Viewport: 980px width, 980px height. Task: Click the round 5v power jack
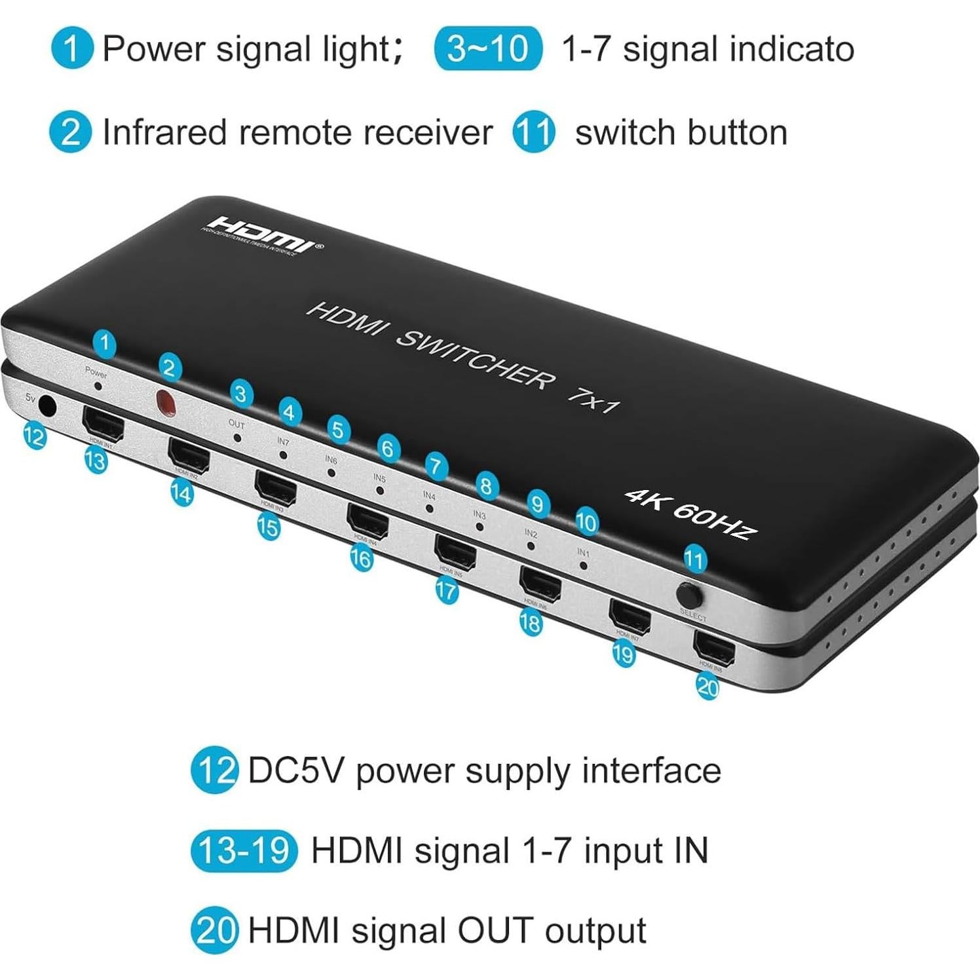(x=47, y=406)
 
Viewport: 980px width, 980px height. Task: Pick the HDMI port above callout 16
(x=368, y=519)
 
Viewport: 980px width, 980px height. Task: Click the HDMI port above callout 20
(x=714, y=648)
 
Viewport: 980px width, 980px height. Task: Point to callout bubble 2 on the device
(x=170, y=367)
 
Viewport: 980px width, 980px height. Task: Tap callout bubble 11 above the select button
(x=694, y=559)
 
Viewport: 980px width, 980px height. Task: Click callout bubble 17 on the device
(x=446, y=591)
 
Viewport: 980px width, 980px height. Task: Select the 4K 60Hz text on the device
(x=691, y=514)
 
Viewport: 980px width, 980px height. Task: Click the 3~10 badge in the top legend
(x=488, y=48)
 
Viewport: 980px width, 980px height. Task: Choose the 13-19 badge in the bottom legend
(x=244, y=850)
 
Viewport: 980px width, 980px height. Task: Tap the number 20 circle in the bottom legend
(x=214, y=930)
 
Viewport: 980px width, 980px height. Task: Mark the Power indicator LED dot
(x=98, y=386)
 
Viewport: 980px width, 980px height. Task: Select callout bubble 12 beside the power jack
(x=34, y=435)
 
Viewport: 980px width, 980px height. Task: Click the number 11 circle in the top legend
(x=534, y=132)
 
